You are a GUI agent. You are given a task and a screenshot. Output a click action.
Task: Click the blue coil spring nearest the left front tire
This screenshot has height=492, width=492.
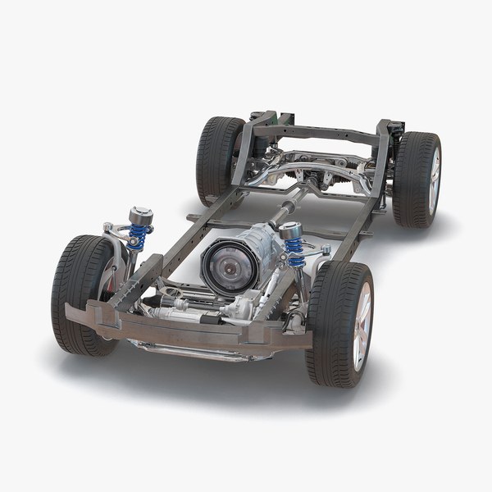pos(139,238)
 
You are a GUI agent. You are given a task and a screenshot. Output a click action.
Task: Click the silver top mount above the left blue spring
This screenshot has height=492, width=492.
pos(141,216)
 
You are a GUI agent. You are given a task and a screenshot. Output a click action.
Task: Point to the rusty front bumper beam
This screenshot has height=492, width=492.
pos(189,328)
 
